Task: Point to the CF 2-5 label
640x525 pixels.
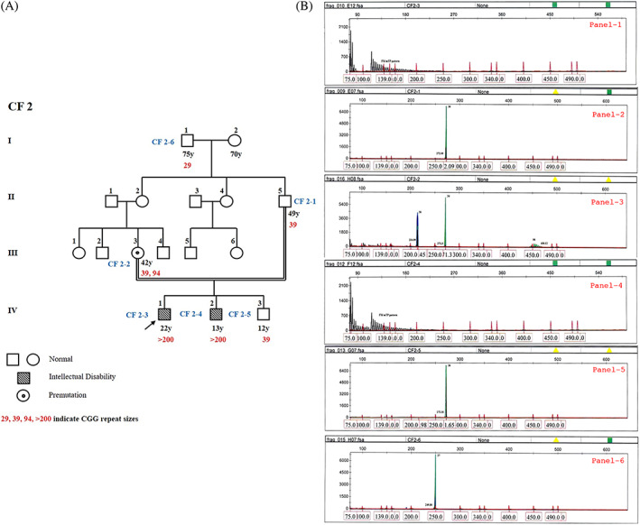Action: pos(232,315)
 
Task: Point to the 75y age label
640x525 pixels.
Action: pos(187,154)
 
